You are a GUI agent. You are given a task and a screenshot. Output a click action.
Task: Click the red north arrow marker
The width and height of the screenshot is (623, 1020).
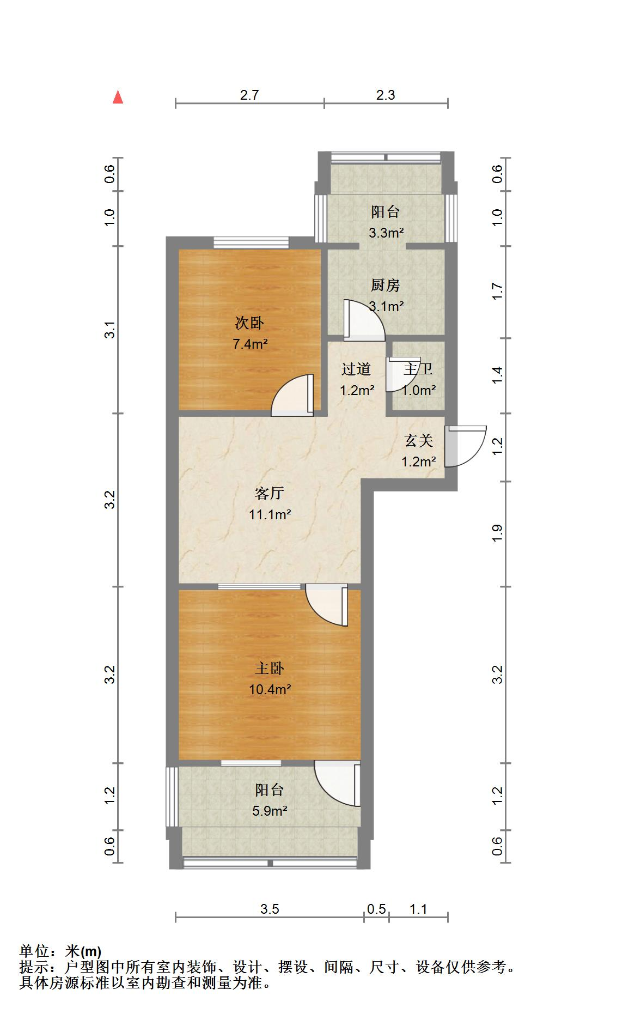point(118,98)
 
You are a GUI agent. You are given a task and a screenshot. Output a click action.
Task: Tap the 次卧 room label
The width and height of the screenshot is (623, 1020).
point(249,323)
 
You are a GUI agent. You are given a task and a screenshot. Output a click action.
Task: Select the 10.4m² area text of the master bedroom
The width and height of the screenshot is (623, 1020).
point(270,689)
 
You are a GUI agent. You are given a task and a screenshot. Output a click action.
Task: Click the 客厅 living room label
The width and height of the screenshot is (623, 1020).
point(270,493)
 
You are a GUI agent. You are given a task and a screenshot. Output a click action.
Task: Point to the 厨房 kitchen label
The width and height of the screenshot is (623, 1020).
point(386,285)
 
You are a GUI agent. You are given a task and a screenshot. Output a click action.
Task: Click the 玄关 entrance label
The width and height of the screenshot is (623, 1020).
point(418,440)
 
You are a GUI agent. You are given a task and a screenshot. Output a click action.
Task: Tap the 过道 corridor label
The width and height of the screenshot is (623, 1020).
point(356,369)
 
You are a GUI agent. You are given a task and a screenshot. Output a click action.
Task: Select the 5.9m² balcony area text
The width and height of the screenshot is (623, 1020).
point(270,811)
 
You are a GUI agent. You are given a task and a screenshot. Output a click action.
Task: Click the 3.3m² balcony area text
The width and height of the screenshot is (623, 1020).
point(386,233)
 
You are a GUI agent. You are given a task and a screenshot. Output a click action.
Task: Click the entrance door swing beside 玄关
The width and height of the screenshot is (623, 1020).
point(465,446)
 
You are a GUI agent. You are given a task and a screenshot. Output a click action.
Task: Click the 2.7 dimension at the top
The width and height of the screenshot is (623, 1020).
point(249,95)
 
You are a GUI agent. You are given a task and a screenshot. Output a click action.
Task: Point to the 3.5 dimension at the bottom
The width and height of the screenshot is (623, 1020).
point(270,909)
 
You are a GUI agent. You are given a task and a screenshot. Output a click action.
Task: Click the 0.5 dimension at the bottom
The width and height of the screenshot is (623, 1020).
point(376,909)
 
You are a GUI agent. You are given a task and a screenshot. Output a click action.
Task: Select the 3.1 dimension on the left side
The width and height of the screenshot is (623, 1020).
point(111,330)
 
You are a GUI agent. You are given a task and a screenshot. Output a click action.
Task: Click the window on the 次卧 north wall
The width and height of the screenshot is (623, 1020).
point(251,242)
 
